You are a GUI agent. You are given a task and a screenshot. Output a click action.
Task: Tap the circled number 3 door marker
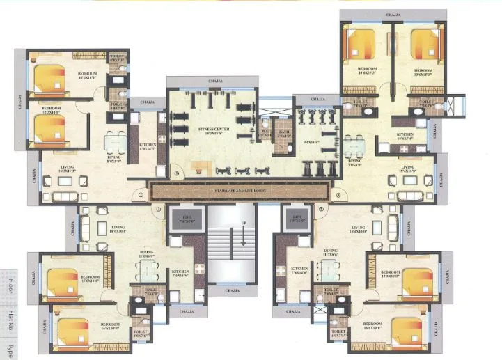coord(177,174)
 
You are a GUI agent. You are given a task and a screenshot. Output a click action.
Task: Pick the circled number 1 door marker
coord(140,196)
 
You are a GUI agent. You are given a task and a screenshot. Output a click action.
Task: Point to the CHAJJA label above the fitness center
coord(216,81)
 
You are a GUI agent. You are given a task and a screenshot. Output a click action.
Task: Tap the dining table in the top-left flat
coord(113,144)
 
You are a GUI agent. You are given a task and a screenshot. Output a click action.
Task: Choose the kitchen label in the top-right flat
coord(405,136)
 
